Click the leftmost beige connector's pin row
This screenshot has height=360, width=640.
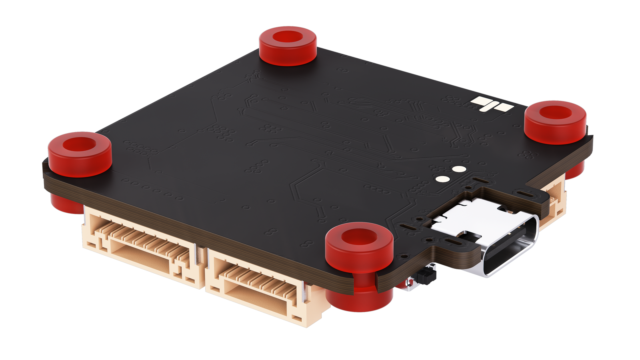coord(144,240)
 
